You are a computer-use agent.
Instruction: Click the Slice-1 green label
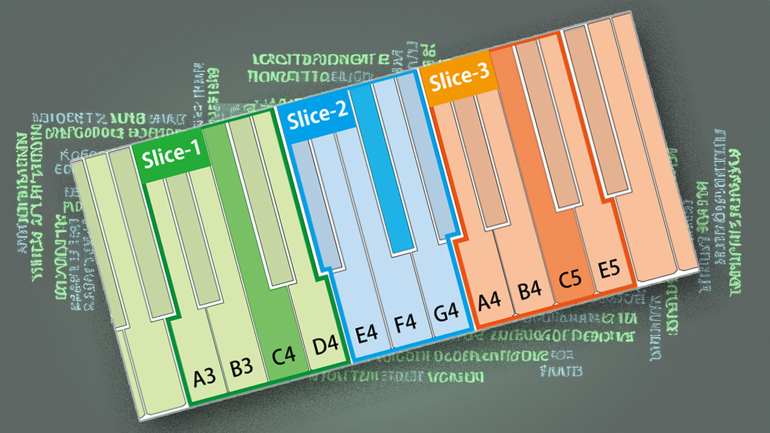[171, 154]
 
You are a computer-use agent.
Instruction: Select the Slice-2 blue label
[317, 115]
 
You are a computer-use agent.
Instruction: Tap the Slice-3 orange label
[460, 78]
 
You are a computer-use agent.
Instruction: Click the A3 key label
[205, 378]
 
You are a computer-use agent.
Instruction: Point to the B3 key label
[242, 367]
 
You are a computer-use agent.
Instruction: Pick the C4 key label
[284, 356]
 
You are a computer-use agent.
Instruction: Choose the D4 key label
[325, 346]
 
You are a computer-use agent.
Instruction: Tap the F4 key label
[405, 323]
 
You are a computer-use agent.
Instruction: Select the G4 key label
[446, 312]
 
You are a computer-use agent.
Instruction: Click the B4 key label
[530, 290]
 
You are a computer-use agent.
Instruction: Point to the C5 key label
[569, 280]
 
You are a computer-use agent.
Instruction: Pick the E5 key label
[609, 269]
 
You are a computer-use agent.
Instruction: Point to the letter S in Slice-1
[148, 159]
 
